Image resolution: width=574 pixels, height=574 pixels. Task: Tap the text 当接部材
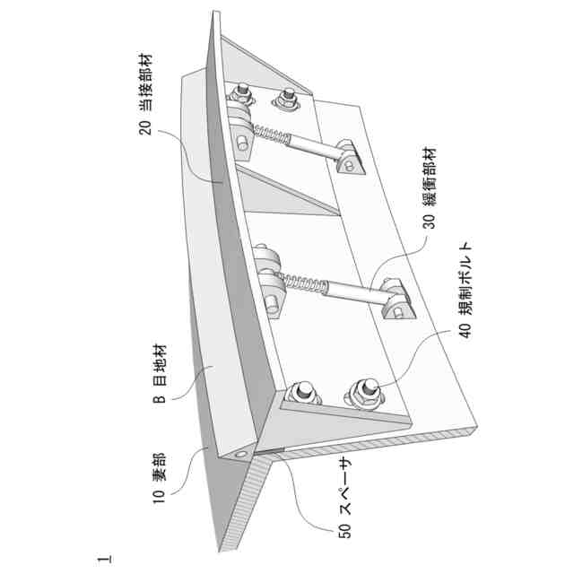click(143, 85)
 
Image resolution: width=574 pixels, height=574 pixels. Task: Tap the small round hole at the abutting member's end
click(241, 457)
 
